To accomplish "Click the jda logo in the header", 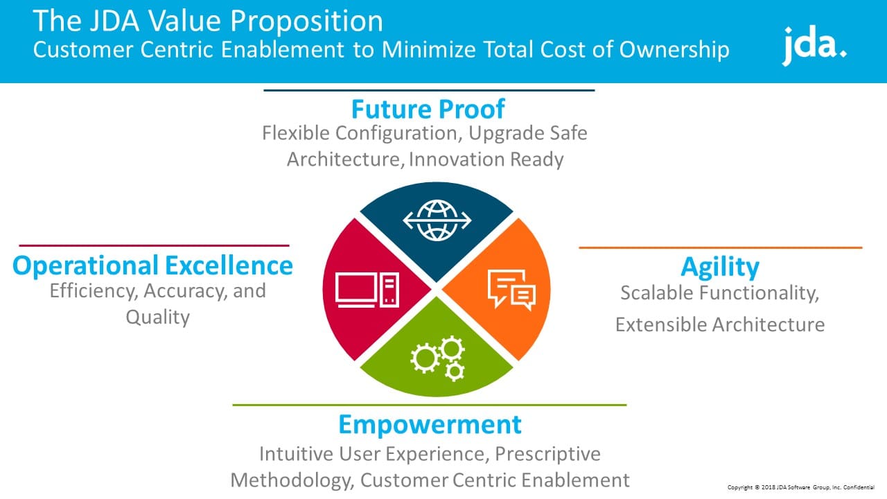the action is [814, 45].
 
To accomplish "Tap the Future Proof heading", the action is [428, 109].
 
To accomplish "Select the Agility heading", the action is [720, 268].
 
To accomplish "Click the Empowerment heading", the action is [430, 425].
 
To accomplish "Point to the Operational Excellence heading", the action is [153, 265].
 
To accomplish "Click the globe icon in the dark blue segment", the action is [437, 220].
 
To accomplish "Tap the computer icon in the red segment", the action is [367, 290].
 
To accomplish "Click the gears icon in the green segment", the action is [437, 359].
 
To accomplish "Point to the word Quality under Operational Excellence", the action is [157, 317].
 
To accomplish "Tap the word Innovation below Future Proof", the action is [456, 159].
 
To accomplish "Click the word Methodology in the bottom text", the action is [292, 481].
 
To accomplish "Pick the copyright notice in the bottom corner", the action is [800, 487].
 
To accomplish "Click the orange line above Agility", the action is [721, 248].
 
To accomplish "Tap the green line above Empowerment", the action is [430, 405].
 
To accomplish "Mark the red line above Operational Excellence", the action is [154, 245].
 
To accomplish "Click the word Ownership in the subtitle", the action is [674, 51].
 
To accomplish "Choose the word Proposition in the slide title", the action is [306, 21].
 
